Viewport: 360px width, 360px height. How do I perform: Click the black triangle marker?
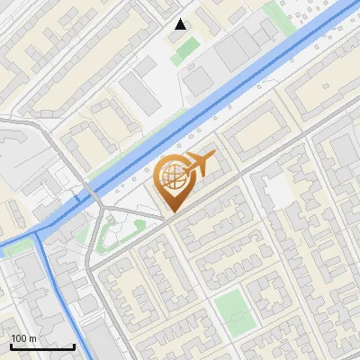click(181, 24)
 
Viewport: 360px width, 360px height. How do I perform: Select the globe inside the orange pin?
click(172, 178)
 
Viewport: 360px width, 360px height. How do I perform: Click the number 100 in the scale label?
click(20, 338)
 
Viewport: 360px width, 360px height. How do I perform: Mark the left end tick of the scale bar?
click(11, 346)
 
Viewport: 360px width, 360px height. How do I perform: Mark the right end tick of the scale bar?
click(75, 346)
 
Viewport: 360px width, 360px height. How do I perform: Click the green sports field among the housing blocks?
click(234, 310)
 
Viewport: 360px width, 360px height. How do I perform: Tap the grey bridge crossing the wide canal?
click(92, 194)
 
